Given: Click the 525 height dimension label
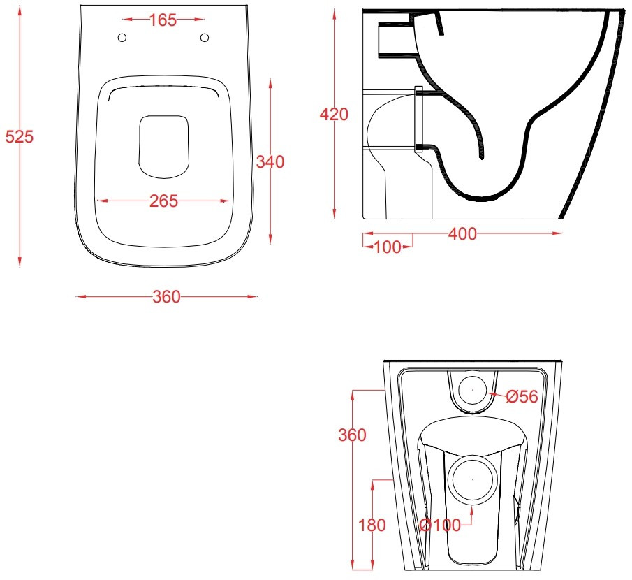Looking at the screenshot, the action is click(19, 137).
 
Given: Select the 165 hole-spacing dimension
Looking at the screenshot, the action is click(163, 20).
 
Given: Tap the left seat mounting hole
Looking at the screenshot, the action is click(122, 38).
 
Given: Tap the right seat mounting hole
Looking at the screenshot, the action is click(205, 38).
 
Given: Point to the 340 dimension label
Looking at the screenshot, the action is click(270, 161).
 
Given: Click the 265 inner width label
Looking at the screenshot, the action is click(163, 201).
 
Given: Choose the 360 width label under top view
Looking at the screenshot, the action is click(166, 297).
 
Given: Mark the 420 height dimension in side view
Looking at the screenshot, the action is click(334, 115).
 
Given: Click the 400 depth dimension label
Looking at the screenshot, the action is click(463, 234).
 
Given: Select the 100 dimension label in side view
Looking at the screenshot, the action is click(388, 247).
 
